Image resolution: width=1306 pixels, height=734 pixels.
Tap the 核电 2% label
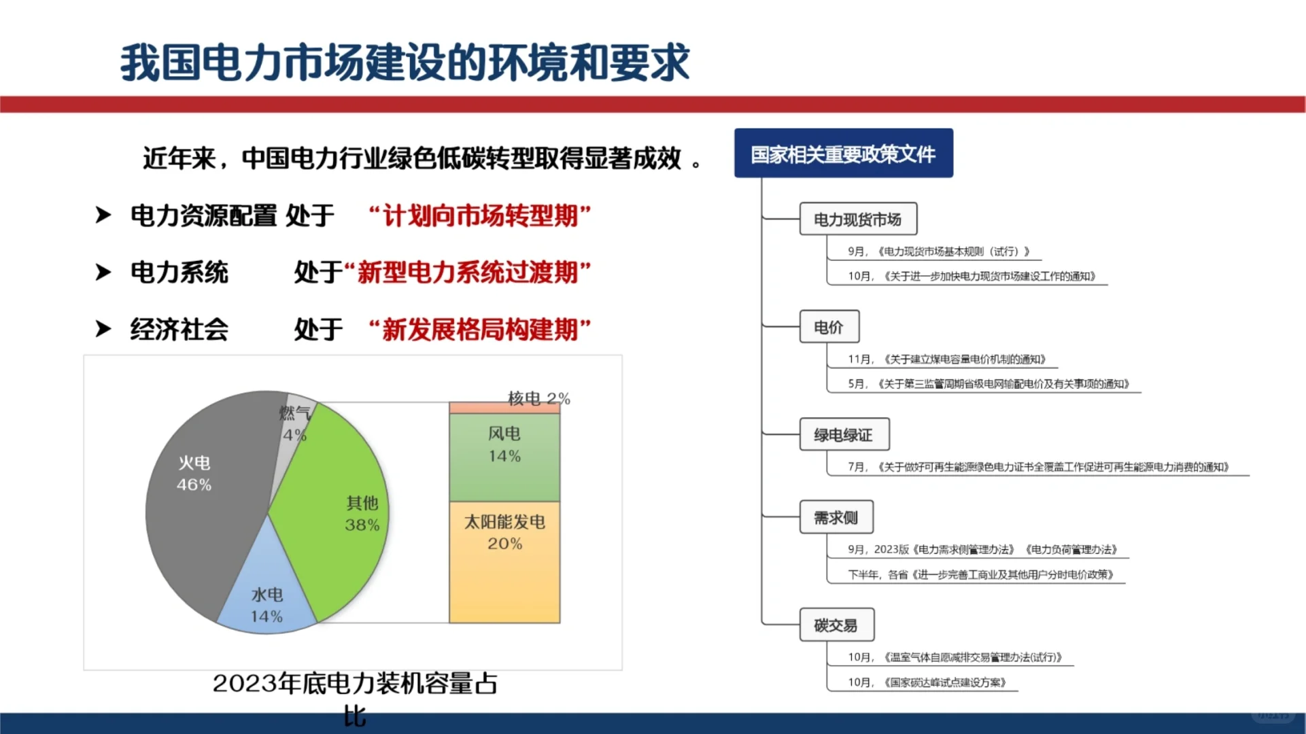point(538,398)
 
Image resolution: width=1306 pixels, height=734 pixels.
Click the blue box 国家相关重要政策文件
point(843,154)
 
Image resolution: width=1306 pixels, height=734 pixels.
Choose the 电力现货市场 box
point(857,220)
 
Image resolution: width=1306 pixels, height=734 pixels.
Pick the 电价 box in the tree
point(829,328)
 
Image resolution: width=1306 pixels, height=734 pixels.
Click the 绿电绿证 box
point(844,435)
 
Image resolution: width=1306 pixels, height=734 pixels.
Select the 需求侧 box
point(836,518)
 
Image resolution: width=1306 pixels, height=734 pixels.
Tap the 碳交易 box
point(836,625)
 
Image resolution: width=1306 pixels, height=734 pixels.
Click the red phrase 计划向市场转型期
point(480,216)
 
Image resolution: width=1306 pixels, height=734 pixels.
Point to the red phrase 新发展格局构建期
point(480,330)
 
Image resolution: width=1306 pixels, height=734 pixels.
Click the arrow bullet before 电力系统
point(103,273)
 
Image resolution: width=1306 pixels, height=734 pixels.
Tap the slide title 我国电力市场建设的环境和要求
point(405,63)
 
